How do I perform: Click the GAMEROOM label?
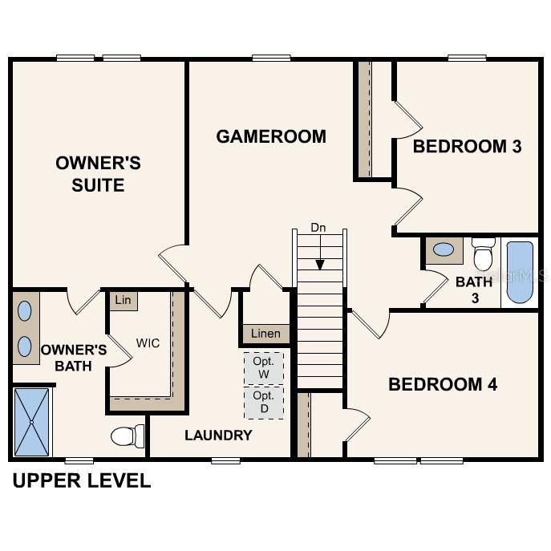pos(271,136)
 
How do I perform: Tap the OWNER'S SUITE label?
pos(98,174)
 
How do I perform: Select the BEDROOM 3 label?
pos(467,147)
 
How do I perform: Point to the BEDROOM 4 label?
pos(443,384)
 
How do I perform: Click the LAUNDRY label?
pos(218,436)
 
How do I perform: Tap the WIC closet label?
pos(148,343)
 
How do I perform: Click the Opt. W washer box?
pos(264,367)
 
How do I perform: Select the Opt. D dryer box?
pos(264,402)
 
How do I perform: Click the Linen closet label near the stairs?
pos(265,334)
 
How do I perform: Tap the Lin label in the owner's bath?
pos(123,301)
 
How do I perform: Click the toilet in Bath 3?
pos(483,254)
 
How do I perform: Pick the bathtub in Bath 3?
pos(520,272)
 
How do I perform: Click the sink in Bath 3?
pos(443,249)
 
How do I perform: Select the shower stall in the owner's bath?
pos(32,422)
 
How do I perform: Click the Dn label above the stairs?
pos(318,228)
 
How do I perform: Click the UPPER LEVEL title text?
pos(81,481)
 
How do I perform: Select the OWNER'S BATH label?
pos(74,358)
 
